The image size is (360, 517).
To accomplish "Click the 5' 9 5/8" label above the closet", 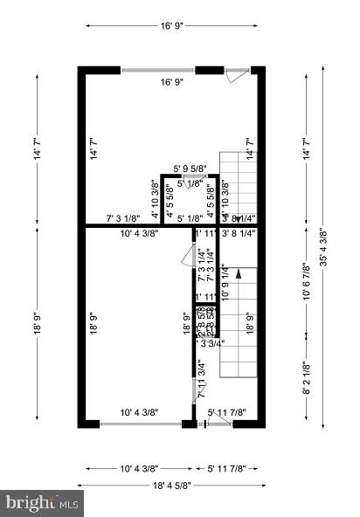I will [191, 169].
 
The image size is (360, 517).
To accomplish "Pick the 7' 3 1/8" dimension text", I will [123, 218].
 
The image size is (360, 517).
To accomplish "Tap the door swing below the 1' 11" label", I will [186, 254].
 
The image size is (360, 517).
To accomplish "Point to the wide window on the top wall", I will [158, 70].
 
